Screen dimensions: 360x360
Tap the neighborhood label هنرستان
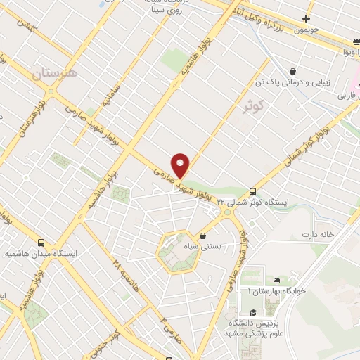(x=57, y=72)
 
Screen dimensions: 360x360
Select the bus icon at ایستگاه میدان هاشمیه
(x=41, y=240)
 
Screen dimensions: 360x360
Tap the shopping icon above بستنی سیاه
(x=203, y=236)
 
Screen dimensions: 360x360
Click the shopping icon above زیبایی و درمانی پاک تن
(x=292, y=70)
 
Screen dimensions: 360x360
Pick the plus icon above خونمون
(x=306, y=18)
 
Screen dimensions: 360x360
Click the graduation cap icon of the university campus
(x=252, y=313)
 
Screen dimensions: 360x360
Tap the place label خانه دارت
(x=316, y=233)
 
